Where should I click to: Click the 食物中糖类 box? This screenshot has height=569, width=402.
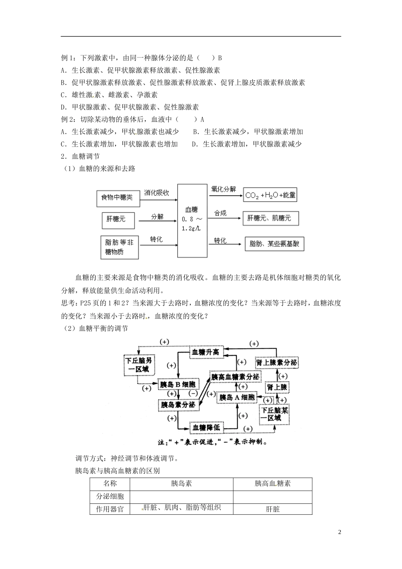pos(116,197)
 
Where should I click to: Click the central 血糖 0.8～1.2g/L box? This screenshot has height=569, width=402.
pos(192,220)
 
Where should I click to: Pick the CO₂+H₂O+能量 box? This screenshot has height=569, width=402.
pos(270,196)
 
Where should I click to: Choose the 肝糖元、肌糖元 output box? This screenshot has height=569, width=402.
pos(270,218)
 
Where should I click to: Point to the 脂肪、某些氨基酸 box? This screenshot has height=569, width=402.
pos(274,244)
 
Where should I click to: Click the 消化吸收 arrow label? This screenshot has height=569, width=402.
pos(157,193)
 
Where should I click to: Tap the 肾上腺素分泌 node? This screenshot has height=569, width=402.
pos(277,363)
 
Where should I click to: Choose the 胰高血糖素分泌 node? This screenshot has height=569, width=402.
pos(235,376)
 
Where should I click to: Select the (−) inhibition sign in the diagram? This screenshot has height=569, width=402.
pos(193,393)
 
